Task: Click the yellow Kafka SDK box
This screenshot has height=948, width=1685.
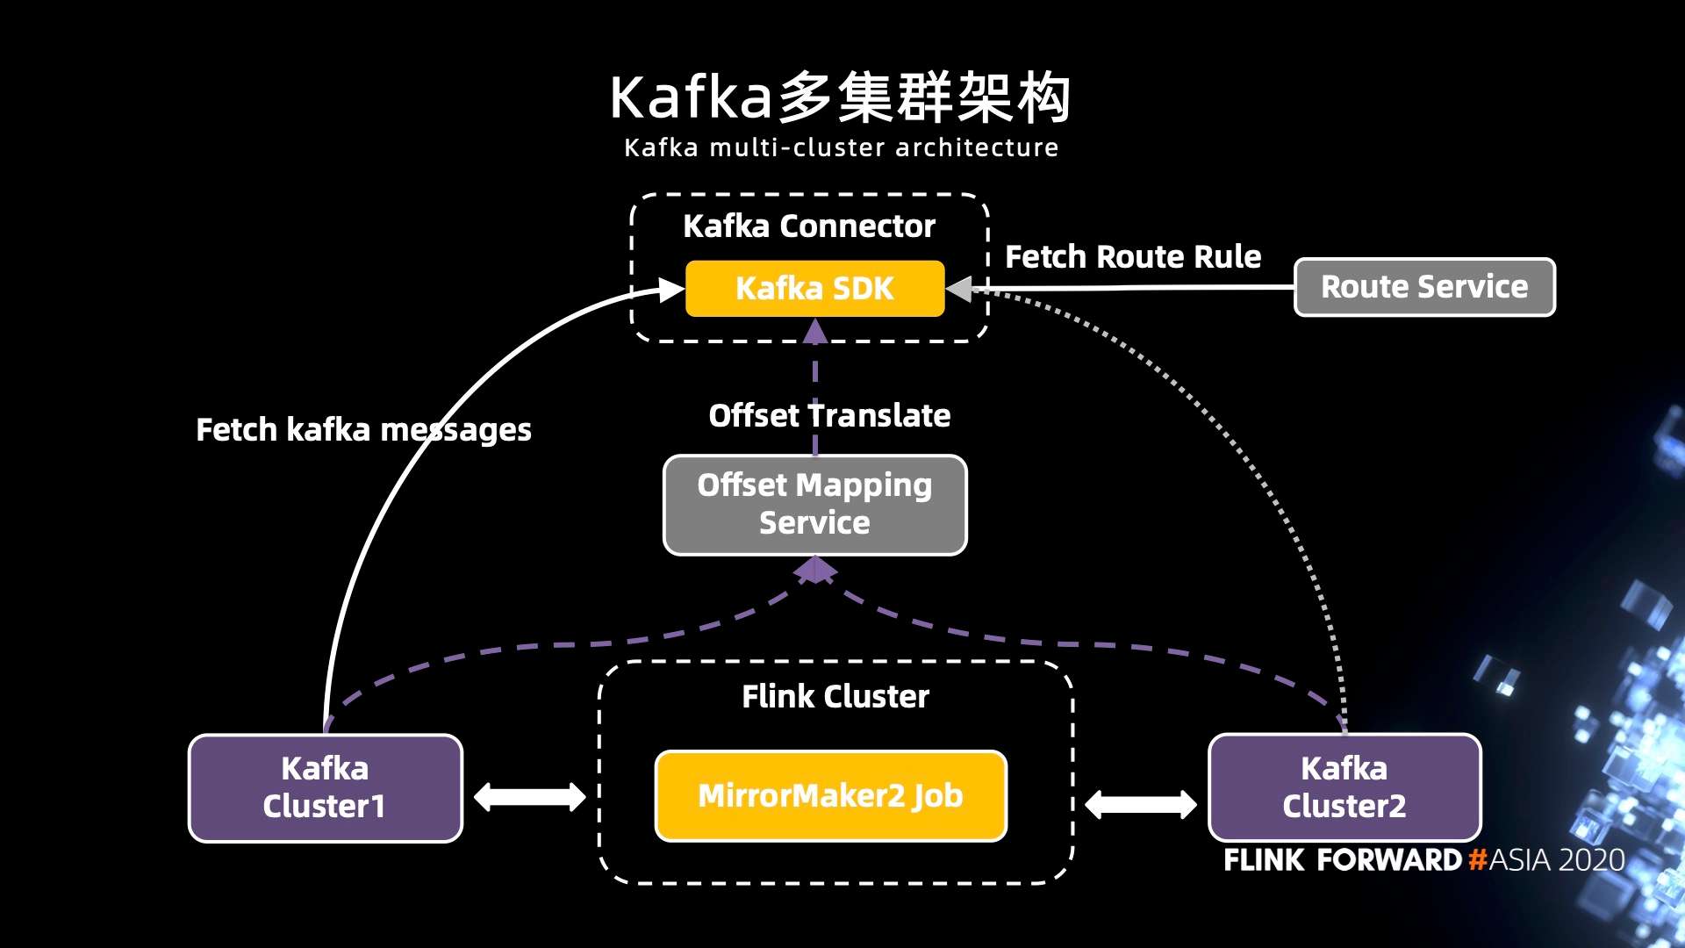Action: tap(814, 288)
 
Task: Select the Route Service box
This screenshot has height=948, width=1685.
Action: tap(1424, 287)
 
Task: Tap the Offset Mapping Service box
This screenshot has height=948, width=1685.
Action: tap(814, 505)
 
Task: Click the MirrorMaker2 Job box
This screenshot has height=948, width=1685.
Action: tap(830, 796)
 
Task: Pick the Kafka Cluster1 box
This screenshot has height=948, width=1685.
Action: tap(325, 787)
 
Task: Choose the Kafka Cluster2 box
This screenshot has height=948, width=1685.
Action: tap(1344, 787)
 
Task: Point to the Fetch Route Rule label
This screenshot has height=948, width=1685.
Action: tap(1132, 257)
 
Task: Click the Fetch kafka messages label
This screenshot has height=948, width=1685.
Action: tap(363, 430)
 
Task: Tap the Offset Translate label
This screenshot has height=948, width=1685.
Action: tap(829, 415)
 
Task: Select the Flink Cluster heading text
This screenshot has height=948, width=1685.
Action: tap(835, 697)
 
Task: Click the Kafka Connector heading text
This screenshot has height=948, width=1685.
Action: tap(809, 226)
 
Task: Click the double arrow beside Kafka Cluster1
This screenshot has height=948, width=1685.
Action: tap(529, 797)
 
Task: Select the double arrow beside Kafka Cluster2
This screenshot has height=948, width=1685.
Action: tap(1140, 804)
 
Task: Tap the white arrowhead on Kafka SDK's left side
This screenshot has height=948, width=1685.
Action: tap(671, 290)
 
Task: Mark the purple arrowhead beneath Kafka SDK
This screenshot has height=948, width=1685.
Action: tap(815, 332)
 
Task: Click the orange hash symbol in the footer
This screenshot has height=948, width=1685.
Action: tap(1478, 859)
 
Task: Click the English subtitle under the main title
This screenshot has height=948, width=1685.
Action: tap(841, 147)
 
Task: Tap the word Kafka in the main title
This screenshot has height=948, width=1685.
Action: tap(691, 97)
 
